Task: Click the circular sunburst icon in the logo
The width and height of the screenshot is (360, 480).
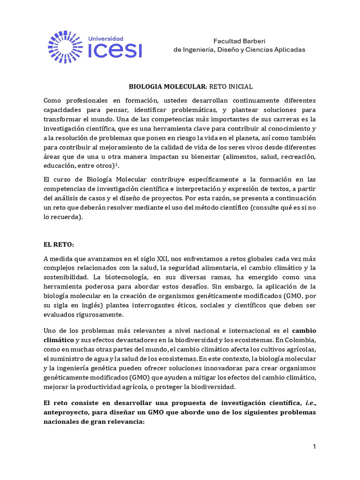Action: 66,46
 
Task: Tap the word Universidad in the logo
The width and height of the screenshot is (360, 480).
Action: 106,38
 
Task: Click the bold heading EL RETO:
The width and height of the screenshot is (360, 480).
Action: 59,245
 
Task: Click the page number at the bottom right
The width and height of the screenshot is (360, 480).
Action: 315,447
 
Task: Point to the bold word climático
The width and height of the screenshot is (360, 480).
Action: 59,339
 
